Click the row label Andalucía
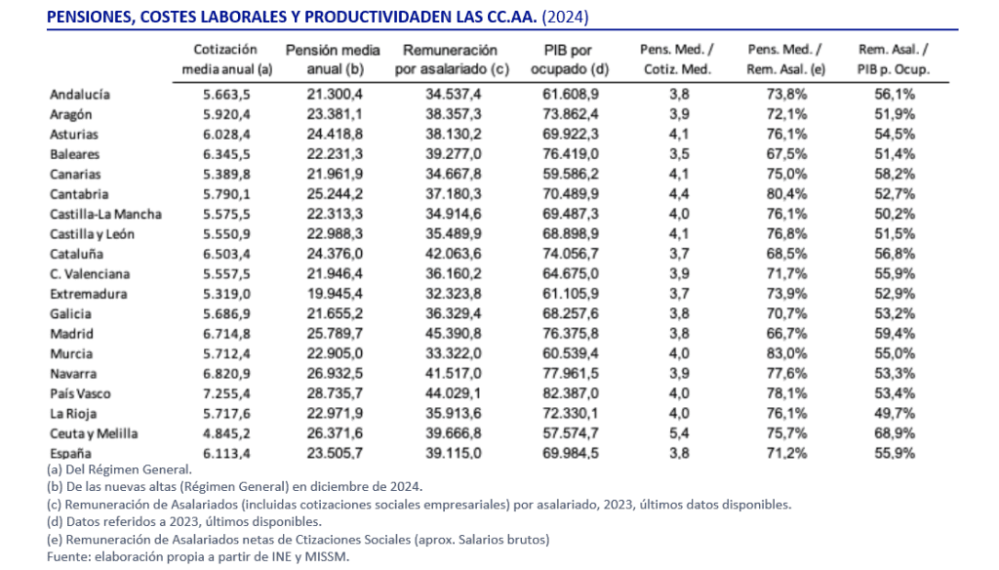click(79, 95)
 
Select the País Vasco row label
click(80, 393)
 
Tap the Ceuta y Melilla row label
click(93, 433)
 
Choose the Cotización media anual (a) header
click(225, 60)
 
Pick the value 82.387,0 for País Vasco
click(570, 393)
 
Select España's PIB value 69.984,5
click(570, 453)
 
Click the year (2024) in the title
click(567, 17)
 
